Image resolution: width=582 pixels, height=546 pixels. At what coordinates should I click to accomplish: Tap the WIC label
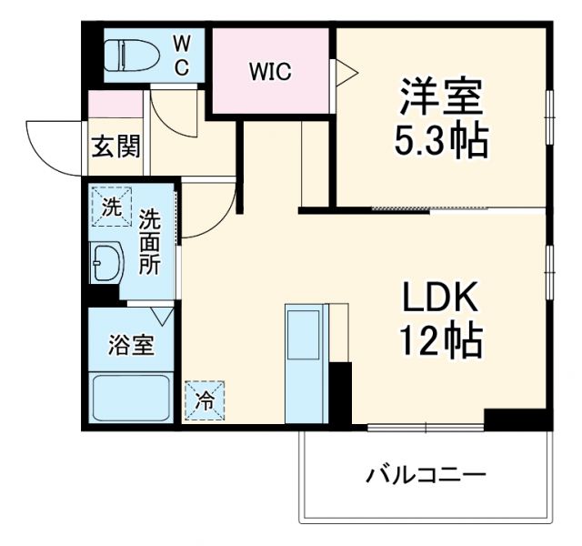(270, 72)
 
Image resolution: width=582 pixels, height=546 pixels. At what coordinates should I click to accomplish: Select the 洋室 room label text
(440, 95)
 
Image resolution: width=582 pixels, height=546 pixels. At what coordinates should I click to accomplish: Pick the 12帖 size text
(440, 341)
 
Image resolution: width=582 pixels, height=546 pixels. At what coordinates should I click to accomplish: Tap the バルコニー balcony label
(426, 475)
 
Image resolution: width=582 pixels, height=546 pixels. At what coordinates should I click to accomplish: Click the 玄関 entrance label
(115, 146)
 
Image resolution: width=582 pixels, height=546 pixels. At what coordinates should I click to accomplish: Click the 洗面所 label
(150, 242)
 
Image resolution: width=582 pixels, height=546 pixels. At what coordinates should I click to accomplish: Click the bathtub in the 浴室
(132, 397)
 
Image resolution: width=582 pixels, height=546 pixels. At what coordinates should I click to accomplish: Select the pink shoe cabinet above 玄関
(116, 104)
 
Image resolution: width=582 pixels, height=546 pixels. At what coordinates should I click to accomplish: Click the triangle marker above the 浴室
(163, 317)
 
